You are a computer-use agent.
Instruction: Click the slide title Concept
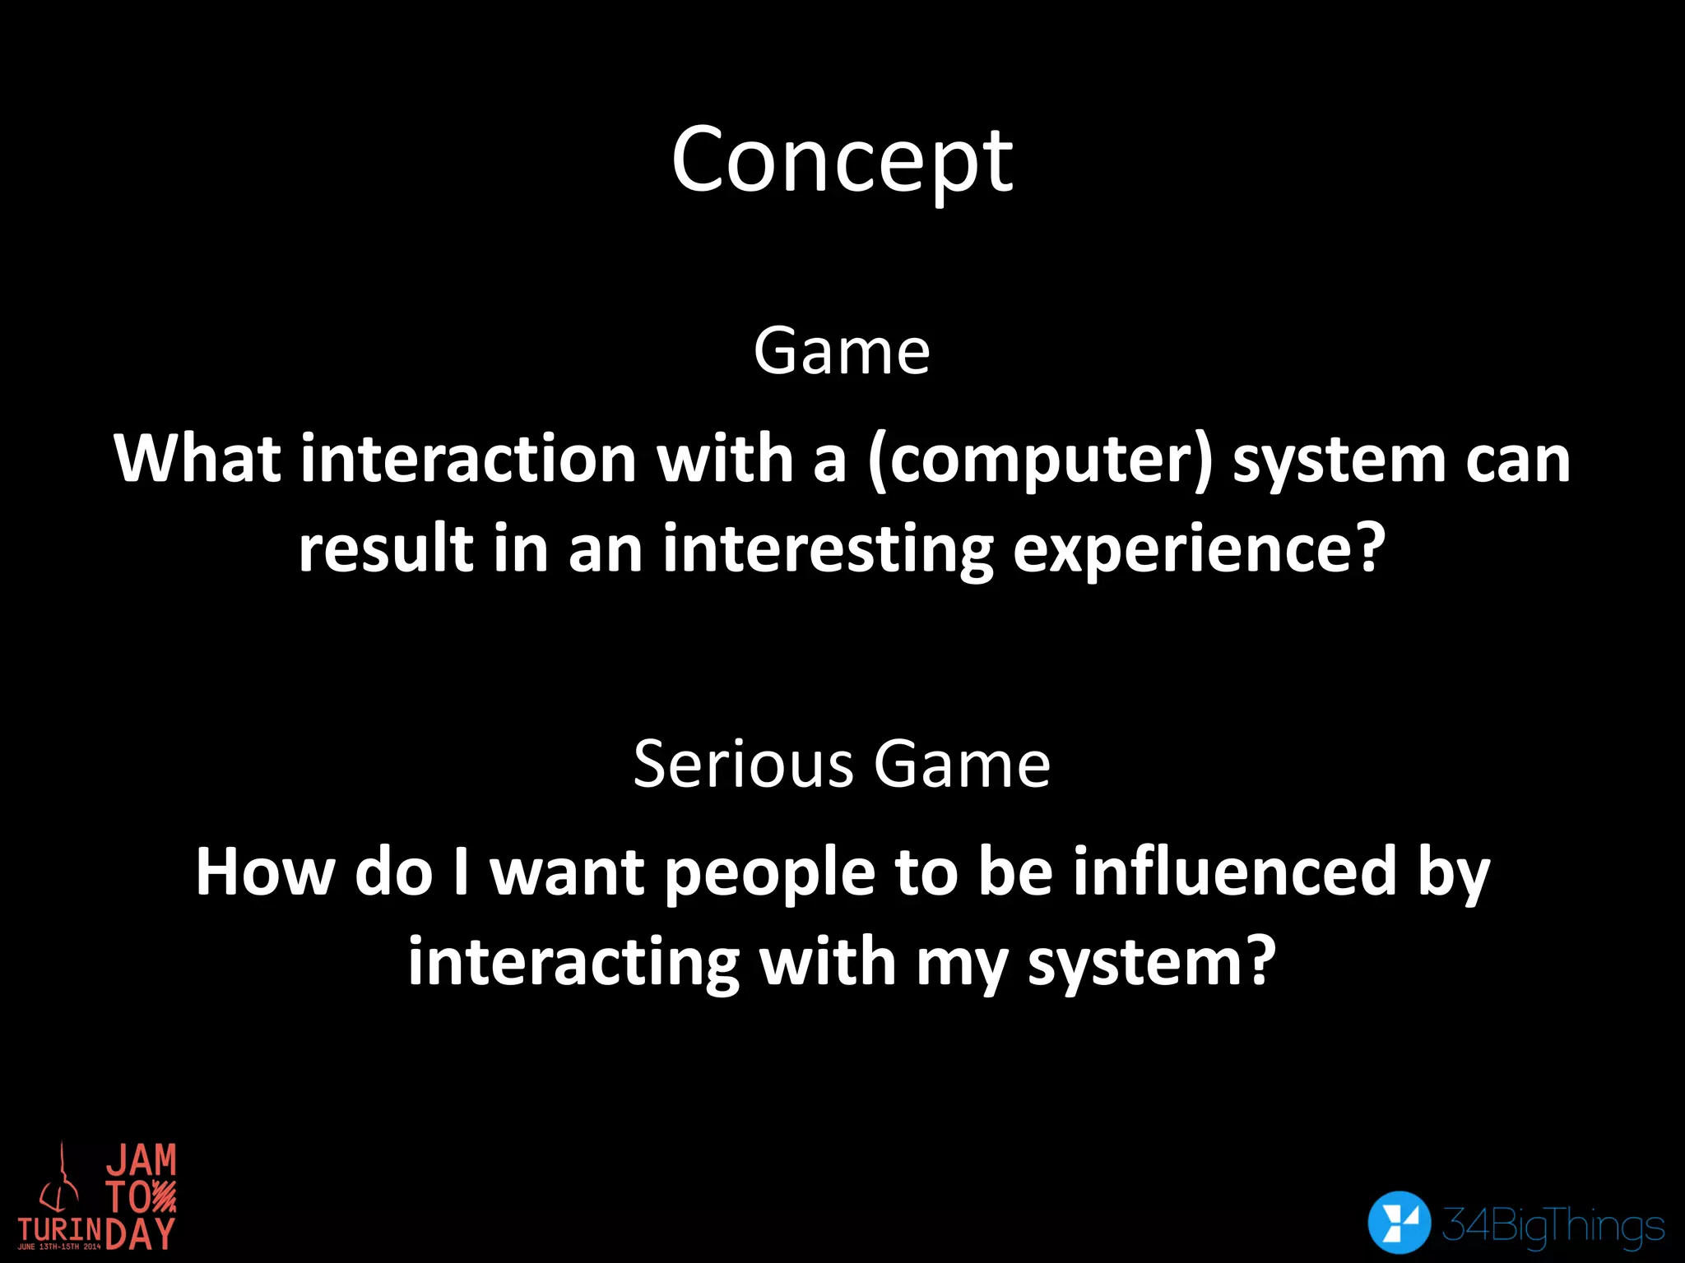(842, 161)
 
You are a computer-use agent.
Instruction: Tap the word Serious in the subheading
(744, 764)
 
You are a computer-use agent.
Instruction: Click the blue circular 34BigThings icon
(1399, 1223)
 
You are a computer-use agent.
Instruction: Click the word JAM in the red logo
(141, 1160)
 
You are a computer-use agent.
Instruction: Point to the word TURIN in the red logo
(60, 1228)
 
